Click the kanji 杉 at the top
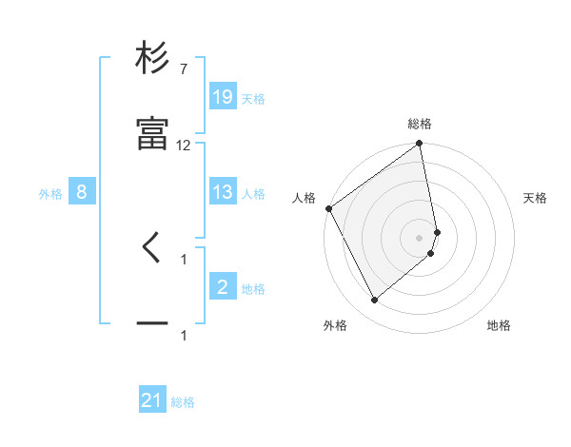(152, 59)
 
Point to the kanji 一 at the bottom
(152, 324)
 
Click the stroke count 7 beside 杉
(183, 69)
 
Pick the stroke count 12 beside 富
(184, 146)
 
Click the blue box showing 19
(223, 97)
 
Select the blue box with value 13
(223, 193)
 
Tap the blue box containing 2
(223, 287)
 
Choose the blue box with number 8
(82, 193)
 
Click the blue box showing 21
(152, 401)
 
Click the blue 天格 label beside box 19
(253, 99)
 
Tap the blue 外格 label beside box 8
(50, 194)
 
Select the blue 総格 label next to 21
(183, 402)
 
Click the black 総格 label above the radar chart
(420, 125)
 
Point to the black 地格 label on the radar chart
(499, 326)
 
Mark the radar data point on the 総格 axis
(420, 145)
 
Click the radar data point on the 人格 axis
(328, 208)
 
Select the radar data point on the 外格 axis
(374, 301)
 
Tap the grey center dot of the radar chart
(420, 237)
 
